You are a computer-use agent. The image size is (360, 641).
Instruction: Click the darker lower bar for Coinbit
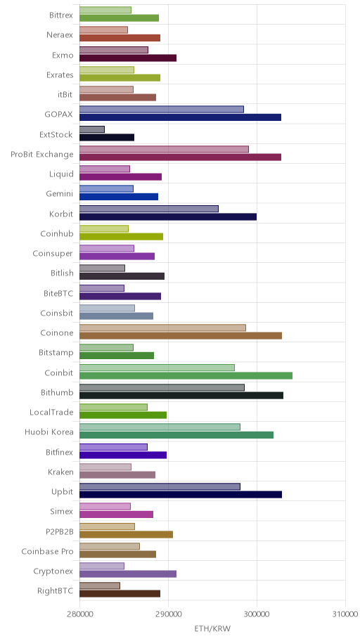(186, 376)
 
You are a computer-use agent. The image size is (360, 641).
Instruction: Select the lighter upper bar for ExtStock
(92, 129)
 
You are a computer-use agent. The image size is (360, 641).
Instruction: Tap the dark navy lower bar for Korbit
(168, 216)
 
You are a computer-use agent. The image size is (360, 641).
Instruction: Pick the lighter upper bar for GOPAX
(162, 109)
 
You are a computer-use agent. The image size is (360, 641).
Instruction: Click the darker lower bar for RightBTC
(120, 594)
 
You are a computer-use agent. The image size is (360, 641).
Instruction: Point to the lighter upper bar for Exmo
(114, 50)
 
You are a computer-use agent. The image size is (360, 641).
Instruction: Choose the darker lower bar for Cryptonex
(128, 574)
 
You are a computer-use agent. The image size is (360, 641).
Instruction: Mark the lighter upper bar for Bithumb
(162, 387)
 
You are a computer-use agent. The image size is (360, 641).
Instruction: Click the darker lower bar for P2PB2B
(126, 534)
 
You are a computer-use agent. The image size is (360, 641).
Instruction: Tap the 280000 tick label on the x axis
(79, 614)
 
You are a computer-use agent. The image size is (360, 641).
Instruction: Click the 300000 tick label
(257, 614)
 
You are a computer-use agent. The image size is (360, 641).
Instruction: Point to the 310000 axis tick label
(345, 614)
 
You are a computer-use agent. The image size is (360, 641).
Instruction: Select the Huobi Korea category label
(49, 432)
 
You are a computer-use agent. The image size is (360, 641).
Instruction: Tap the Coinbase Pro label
(47, 552)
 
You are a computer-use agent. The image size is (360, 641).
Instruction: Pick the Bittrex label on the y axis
(61, 15)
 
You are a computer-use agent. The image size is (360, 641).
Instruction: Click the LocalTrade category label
(51, 412)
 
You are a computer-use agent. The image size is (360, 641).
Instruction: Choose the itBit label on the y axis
(65, 95)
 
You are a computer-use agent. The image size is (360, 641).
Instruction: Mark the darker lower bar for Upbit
(181, 495)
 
